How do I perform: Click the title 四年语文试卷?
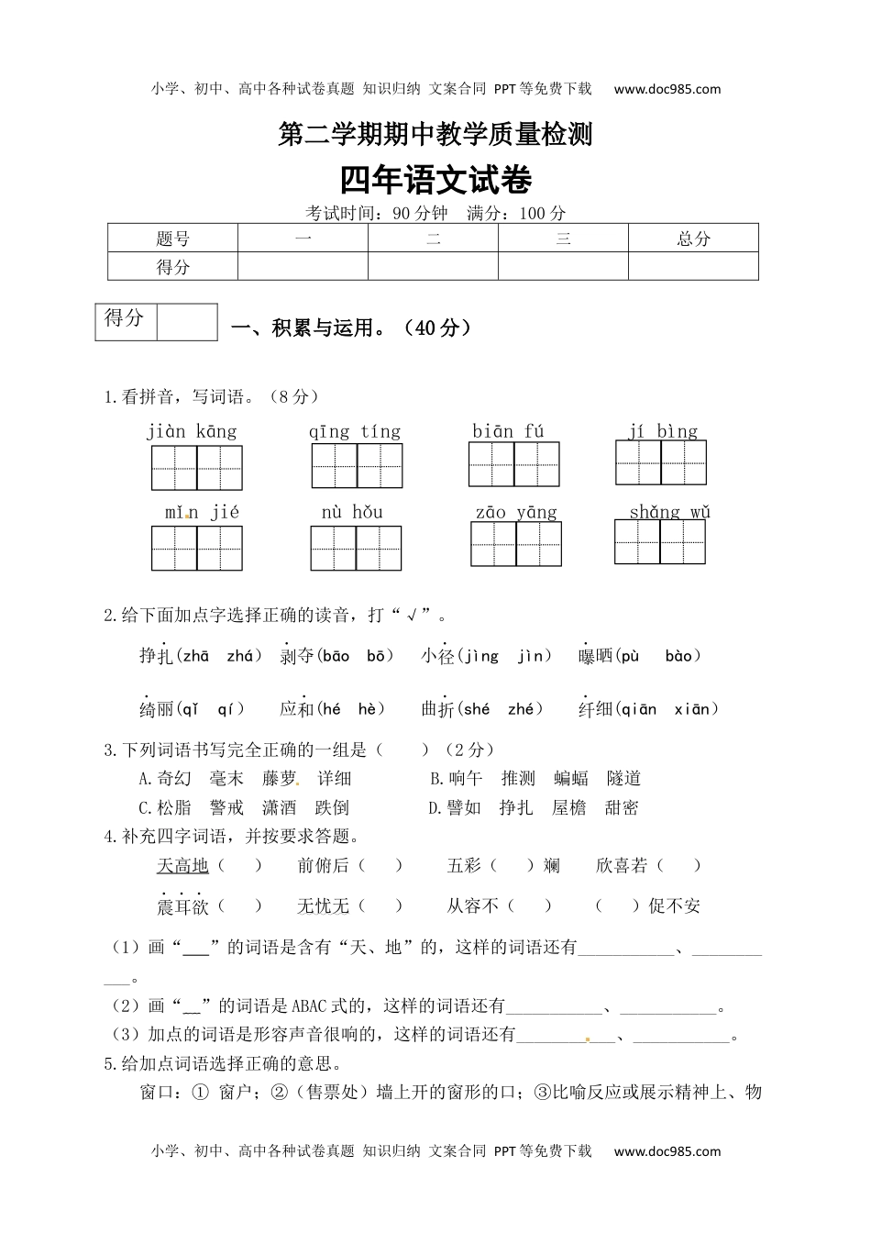(x=435, y=181)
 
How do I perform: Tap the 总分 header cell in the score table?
(x=693, y=239)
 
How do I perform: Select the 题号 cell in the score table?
(x=172, y=239)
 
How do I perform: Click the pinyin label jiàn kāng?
(x=192, y=431)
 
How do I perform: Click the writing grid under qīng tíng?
(x=357, y=465)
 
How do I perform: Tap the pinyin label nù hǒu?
(x=352, y=512)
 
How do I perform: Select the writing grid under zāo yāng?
(x=516, y=544)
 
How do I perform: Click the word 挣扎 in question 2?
(x=156, y=655)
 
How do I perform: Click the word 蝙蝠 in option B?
(x=571, y=779)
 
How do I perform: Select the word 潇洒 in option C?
(x=280, y=808)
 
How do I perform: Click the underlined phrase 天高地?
(x=182, y=865)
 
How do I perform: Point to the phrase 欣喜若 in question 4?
(x=621, y=865)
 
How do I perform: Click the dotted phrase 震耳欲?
(x=182, y=906)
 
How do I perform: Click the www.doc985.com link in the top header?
(x=667, y=89)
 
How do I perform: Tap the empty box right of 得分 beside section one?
(x=187, y=322)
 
